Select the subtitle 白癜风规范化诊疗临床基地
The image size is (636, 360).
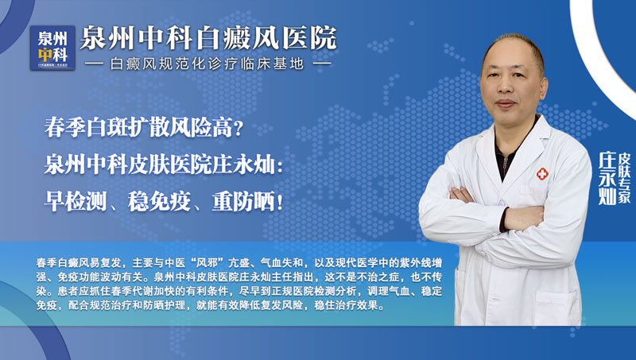point(208,63)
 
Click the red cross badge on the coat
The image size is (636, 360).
point(542,174)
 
